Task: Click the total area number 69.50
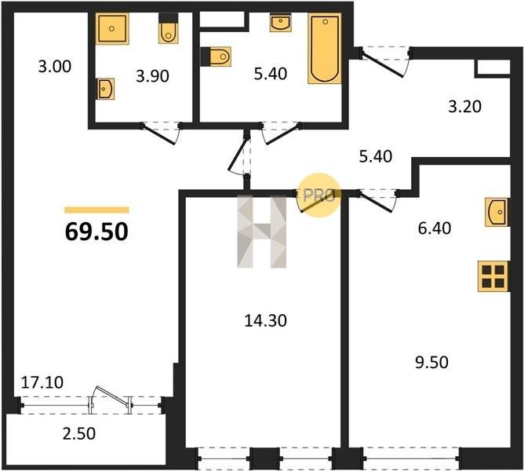(96, 232)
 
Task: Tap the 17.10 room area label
(42, 382)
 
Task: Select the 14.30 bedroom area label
(266, 321)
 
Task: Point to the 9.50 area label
(431, 363)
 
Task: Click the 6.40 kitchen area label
(435, 228)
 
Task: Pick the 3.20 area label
(465, 107)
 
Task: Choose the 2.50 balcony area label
(79, 433)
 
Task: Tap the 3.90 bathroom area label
(152, 76)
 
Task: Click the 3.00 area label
(55, 66)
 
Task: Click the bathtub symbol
(325, 49)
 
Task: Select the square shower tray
(112, 29)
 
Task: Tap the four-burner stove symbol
(493, 276)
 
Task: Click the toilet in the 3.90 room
(168, 29)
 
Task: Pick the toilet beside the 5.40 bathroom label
(216, 57)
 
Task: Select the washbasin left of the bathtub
(280, 23)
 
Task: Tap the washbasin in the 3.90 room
(106, 89)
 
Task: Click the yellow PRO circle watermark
(319, 195)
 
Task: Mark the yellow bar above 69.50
(96, 210)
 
